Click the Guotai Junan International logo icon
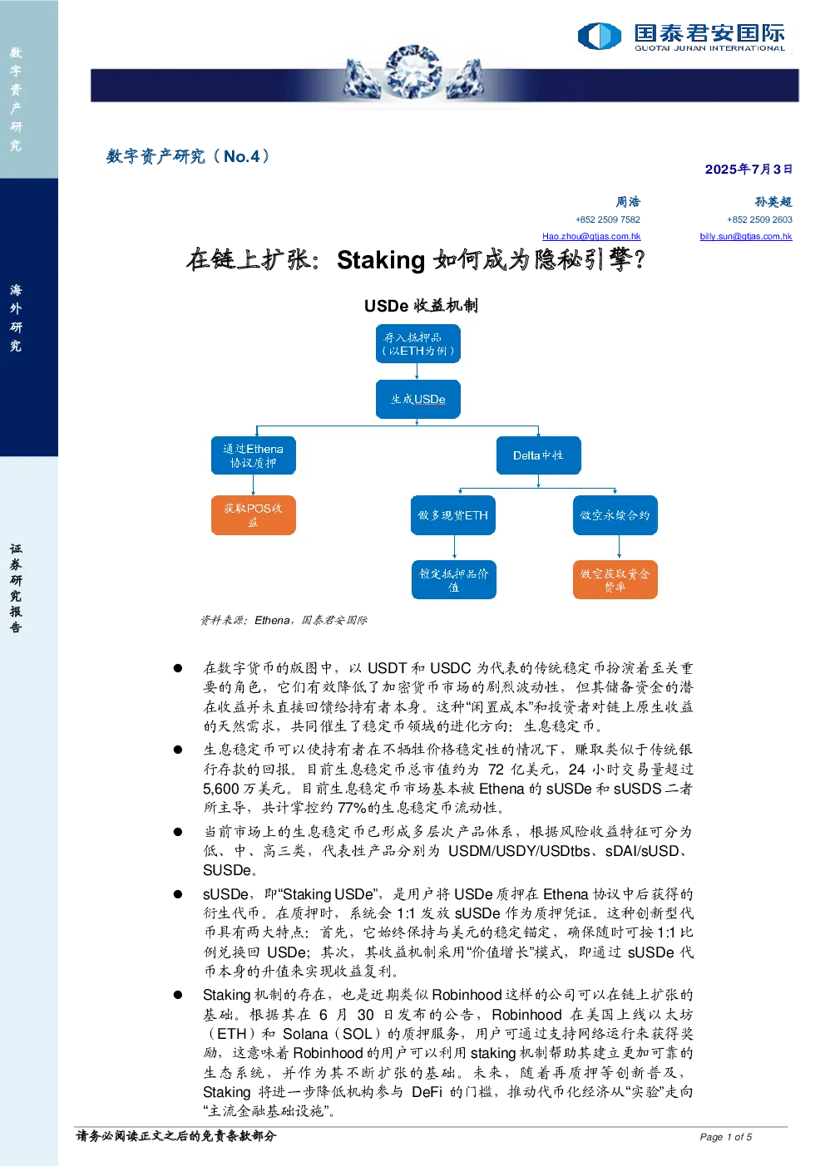coord(599,36)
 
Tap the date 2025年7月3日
coord(748,170)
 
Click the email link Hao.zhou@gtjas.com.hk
coord(591,236)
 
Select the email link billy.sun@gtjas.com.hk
coord(746,236)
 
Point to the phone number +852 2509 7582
coord(608,219)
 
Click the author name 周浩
coord(628,201)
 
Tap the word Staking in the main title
coord(381,260)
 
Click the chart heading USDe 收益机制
coord(421,306)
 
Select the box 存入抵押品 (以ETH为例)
coord(417,343)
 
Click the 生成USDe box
coord(417,399)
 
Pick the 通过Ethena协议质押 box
coord(253,455)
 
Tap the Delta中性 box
coord(539,455)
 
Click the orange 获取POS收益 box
coord(253,515)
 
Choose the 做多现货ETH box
coord(453,515)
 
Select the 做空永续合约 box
coord(615,515)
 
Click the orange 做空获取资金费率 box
coord(615,580)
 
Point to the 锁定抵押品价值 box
coord(453,580)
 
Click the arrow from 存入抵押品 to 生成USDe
coord(417,371)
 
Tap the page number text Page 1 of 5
coord(725,1137)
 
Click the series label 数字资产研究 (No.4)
coord(188,156)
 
